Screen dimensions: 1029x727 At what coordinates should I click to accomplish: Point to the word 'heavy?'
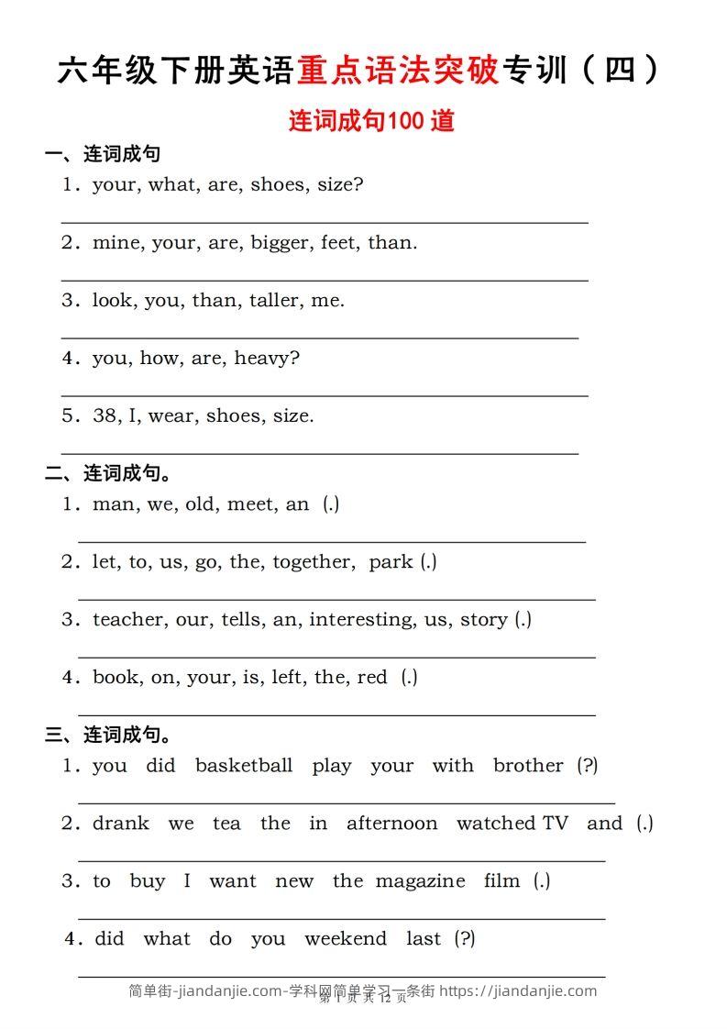click(x=267, y=358)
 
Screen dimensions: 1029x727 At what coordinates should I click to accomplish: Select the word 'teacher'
click(x=129, y=619)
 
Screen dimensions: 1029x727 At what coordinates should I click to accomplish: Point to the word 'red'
click(x=372, y=677)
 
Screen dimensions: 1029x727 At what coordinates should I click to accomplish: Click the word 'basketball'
click(x=244, y=765)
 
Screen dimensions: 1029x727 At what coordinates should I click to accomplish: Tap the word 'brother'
click(x=528, y=765)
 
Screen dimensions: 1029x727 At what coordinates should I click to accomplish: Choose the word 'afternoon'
click(x=391, y=823)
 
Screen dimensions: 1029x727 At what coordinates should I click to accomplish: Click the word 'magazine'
click(x=421, y=880)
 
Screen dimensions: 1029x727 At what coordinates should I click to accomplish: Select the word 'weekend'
click(x=346, y=938)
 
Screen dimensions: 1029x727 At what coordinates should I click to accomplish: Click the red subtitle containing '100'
click(x=371, y=121)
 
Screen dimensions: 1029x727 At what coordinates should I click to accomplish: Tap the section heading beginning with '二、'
click(x=109, y=473)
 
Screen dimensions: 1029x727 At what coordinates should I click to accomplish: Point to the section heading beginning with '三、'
click(x=109, y=735)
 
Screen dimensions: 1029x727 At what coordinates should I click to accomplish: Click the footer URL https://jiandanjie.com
click(x=518, y=990)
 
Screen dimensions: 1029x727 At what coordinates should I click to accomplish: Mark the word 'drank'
click(x=121, y=823)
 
